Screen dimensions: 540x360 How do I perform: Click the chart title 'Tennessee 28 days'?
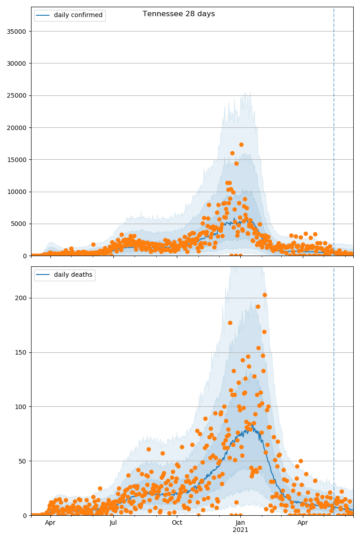point(179,14)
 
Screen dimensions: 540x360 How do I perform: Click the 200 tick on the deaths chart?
point(21,298)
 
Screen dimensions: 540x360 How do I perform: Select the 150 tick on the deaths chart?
point(21,352)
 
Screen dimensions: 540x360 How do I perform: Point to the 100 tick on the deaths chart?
point(21,407)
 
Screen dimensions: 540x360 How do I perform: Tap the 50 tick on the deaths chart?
point(23,461)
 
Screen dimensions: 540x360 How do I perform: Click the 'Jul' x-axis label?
point(113,523)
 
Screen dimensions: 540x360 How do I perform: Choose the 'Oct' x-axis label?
point(177,523)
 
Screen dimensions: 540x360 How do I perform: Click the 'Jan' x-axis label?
point(240,523)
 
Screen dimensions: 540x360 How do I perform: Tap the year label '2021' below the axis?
point(240,530)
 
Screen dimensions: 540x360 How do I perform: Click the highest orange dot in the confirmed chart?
point(241,144)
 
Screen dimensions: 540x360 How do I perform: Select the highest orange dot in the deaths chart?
point(265,295)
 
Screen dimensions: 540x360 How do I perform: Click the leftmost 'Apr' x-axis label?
point(50,523)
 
